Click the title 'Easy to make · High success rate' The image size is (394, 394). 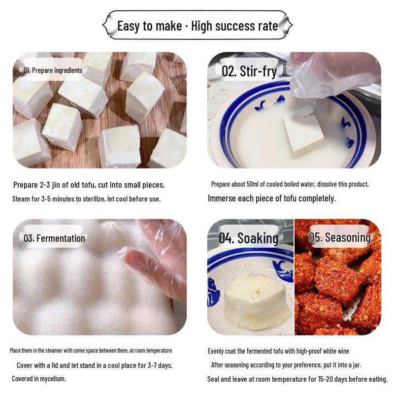[x=197, y=26]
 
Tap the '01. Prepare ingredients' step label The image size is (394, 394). [x=53, y=70]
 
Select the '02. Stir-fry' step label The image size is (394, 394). [x=249, y=71]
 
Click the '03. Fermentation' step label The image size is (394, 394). [x=54, y=238]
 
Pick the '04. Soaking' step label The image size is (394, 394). [x=249, y=238]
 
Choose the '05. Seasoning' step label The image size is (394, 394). [x=340, y=237]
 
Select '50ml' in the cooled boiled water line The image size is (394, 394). [x=252, y=184]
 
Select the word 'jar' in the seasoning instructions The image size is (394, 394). [x=356, y=365]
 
